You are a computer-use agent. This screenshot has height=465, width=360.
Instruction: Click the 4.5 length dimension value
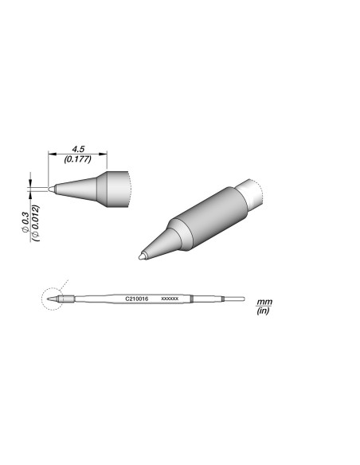78,148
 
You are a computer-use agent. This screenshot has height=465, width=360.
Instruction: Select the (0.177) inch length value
78,159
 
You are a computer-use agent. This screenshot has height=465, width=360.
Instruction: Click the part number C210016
138,299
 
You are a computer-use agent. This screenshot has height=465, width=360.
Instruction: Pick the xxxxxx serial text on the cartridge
169,299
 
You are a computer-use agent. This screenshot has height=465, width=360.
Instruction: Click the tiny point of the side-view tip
51,190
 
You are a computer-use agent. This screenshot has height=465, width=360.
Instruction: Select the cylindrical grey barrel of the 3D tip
209,215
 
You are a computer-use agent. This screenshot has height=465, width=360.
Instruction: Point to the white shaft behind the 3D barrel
256,193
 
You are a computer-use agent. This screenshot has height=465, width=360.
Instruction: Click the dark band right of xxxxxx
191,299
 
